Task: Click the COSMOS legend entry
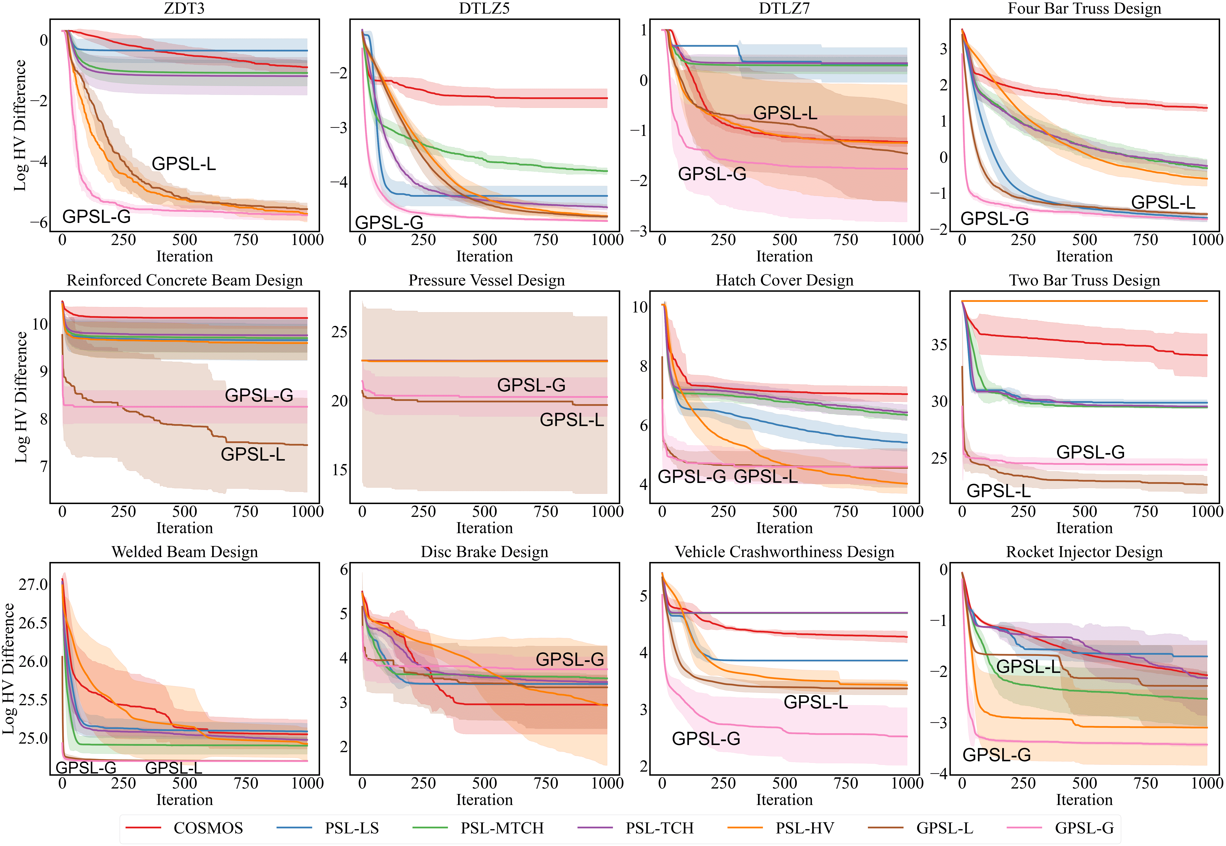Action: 208,828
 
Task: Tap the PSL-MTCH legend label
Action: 501,828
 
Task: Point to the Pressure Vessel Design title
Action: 486,280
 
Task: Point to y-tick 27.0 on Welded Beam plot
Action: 33,585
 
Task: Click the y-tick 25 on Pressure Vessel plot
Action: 339,332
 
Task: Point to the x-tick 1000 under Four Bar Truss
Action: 1206,240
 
